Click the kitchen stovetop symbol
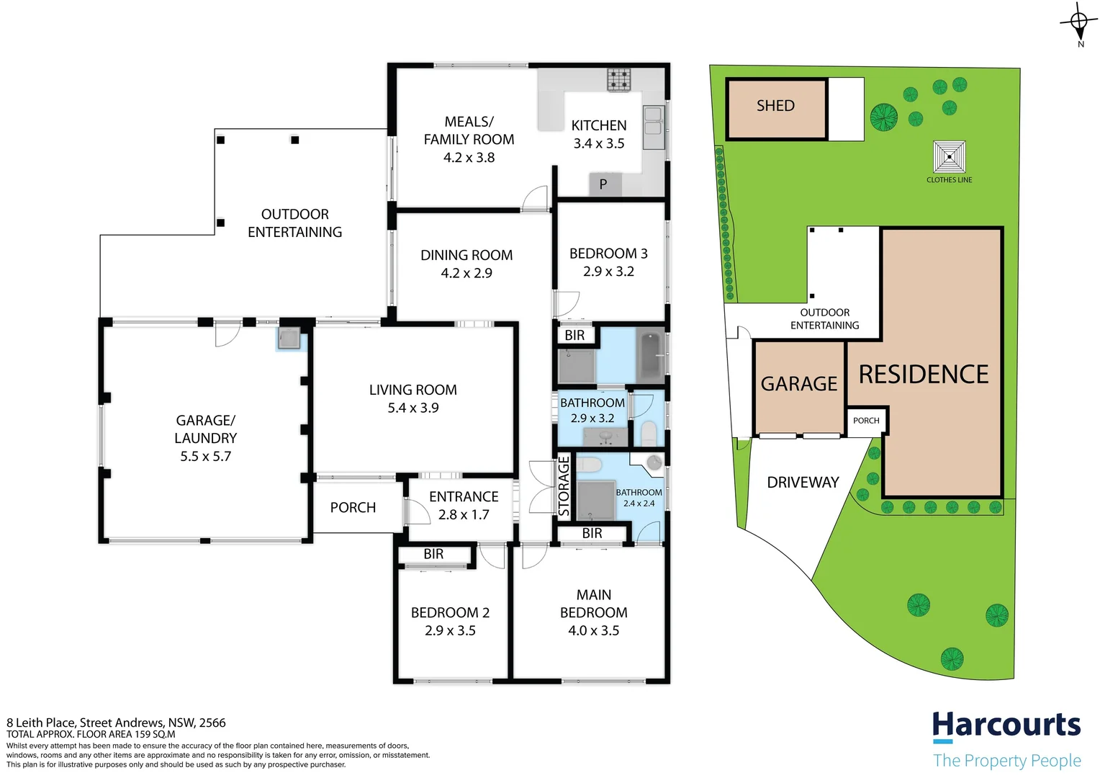coord(618,79)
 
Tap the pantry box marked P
coord(603,184)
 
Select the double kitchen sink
coord(653,121)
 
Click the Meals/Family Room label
coord(469,130)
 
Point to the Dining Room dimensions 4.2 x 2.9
coord(466,273)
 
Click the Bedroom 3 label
coord(608,254)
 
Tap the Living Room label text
coord(412,390)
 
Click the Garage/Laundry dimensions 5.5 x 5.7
coord(205,456)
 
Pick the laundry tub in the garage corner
coord(289,339)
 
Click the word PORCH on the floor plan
coord(353,508)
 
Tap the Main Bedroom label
coord(594,604)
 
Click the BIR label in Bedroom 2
coord(433,554)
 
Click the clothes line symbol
coord(950,156)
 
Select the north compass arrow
coord(1078,22)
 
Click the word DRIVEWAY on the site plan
coord(803,483)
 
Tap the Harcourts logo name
coord(1006,725)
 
